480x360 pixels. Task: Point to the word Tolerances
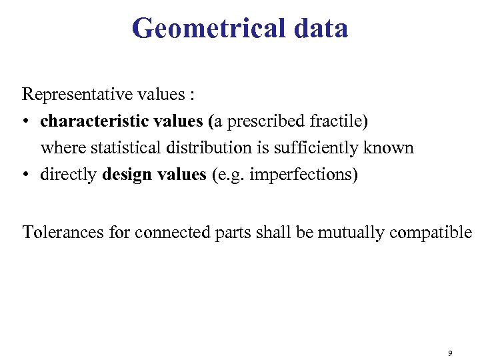(x=63, y=232)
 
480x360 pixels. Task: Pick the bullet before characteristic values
(x=27, y=122)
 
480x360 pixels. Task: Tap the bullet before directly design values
(x=27, y=175)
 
